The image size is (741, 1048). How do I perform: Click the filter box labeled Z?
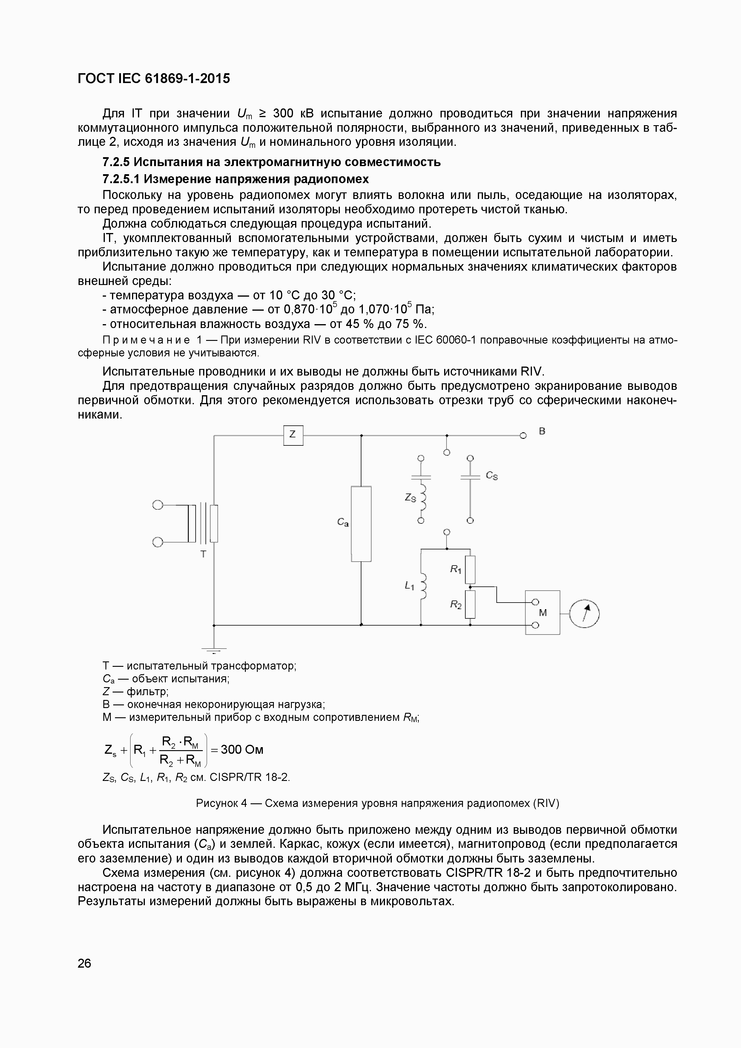pyautogui.click(x=293, y=435)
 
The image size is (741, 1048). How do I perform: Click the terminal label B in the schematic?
pyautogui.click(x=542, y=431)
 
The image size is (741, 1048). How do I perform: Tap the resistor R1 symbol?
pyautogui.click(x=470, y=570)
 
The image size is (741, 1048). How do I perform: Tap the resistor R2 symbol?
pyautogui.click(x=470, y=604)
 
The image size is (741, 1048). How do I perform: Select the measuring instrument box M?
pyautogui.click(x=542, y=612)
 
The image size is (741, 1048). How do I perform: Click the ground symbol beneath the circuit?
pyautogui.click(x=214, y=649)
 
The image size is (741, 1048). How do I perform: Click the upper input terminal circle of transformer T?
pyautogui.click(x=157, y=505)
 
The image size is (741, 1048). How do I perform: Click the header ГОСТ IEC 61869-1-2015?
pyautogui.click(x=154, y=79)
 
